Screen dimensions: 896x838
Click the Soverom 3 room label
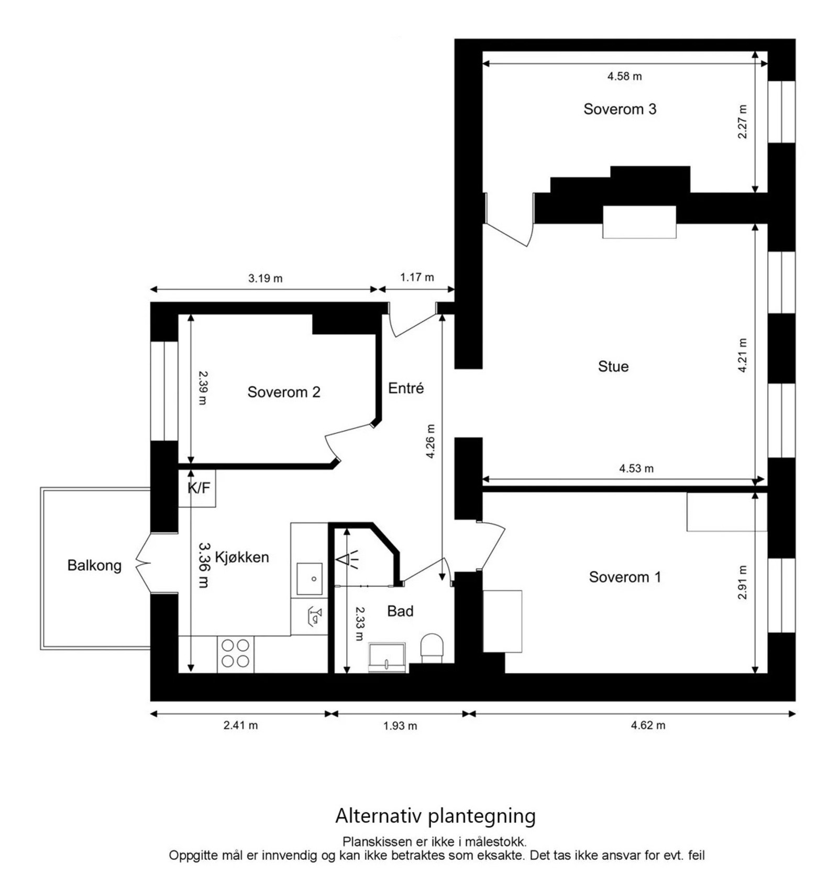pyautogui.click(x=619, y=109)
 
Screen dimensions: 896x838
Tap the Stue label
pyautogui.click(x=613, y=366)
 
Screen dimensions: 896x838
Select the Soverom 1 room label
pyautogui.click(x=624, y=577)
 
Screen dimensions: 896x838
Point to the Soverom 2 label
pyautogui.click(x=283, y=392)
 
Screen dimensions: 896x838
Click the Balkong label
pyautogui.click(x=94, y=565)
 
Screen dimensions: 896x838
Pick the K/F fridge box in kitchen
pyautogui.click(x=198, y=488)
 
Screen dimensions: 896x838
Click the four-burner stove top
pyautogui.click(x=235, y=653)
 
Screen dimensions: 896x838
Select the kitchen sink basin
pyautogui.click(x=309, y=578)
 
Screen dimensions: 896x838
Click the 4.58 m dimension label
pyautogui.click(x=624, y=76)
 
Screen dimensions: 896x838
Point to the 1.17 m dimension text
pyautogui.click(x=417, y=277)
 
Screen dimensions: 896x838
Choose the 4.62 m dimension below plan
pyautogui.click(x=648, y=725)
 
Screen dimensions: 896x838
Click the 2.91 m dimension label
pyautogui.click(x=742, y=582)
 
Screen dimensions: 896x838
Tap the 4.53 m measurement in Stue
pyautogui.click(x=636, y=468)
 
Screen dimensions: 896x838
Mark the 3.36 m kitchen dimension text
pyautogui.click(x=203, y=564)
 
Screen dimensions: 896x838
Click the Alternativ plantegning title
pyautogui.click(x=435, y=816)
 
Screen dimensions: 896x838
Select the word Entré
pyautogui.click(x=406, y=388)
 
